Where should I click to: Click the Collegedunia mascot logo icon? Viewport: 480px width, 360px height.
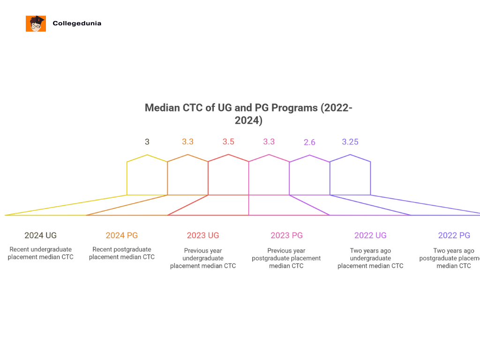(x=36, y=23)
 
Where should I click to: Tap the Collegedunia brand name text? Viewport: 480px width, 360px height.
(x=77, y=23)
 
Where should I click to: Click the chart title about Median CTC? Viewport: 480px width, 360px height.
(x=248, y=114)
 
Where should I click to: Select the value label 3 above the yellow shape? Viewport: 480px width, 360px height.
(x=147, y=142)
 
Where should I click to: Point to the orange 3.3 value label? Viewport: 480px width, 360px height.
(x=187, y=142)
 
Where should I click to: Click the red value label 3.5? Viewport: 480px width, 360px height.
(x=228, y=142)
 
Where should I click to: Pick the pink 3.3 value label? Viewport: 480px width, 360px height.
(x=269, y=142)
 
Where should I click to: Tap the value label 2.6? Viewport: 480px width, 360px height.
(x=309, y=142)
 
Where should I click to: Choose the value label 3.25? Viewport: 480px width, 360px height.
(x=350, y=142)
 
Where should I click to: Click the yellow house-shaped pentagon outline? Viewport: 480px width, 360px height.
(x=147, y=176)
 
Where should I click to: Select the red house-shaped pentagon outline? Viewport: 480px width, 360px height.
(x=228, y=176)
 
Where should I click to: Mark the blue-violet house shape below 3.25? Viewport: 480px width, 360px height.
(x=350, y=176)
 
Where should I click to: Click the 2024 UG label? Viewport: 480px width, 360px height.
(x=41, y=235)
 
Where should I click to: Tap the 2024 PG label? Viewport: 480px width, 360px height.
(x=122, y=235)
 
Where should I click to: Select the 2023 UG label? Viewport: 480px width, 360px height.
(x=203, y=235)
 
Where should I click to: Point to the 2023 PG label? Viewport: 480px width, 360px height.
(x=286, y=235)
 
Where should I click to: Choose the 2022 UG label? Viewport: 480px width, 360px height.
(x=370, y=235)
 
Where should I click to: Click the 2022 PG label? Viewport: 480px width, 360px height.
(x=454, y=235)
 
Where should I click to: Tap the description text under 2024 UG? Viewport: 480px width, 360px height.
(x=41, y=253)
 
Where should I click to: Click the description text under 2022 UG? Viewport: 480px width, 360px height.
(x=370, y=258)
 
